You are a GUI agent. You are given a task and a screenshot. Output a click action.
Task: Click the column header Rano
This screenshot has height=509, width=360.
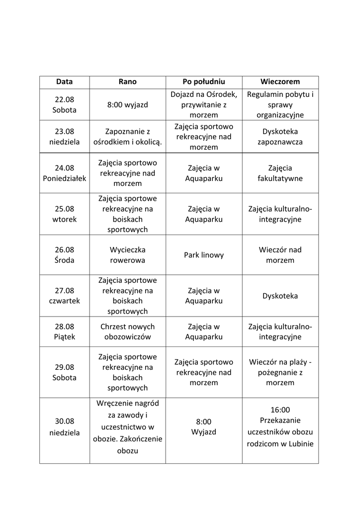(x=127, y=82)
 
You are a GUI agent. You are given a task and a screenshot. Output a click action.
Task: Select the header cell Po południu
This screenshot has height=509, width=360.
(x=204, y=82)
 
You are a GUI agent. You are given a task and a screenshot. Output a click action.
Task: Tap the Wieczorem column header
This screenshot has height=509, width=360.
(x=280, y=82)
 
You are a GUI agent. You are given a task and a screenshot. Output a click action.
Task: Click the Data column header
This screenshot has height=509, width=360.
(x=64, y=82)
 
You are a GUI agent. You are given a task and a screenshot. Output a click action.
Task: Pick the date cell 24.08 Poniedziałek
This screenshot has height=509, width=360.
(x=65, y=173)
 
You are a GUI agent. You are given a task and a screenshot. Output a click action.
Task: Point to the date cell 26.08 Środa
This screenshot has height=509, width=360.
(x=65, y=255)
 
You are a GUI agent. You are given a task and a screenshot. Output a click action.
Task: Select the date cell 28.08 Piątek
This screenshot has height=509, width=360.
(x=65, y=332)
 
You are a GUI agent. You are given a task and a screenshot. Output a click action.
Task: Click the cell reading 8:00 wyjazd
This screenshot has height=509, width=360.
(x=127, y=105)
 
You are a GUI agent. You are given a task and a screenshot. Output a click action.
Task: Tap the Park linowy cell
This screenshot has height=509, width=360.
(x=204, y=255)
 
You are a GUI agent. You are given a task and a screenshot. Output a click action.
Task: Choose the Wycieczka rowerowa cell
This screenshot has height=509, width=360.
(x=127, y=255)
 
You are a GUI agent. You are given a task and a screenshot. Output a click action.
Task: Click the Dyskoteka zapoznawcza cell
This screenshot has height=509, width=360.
(x=280, y=137)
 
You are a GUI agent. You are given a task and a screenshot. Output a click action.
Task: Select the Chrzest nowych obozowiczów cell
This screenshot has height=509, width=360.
(x=127, y=332)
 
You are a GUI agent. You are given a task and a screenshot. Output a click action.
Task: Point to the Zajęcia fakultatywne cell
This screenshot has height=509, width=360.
(x=280, y=173)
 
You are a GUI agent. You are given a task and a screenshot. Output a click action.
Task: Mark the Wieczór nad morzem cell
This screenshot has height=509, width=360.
(x=280, y=255)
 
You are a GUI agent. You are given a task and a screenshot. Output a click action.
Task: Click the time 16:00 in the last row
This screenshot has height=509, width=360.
(x=280, y=410)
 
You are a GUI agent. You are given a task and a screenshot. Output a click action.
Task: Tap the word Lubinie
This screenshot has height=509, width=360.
(x=300, y=444)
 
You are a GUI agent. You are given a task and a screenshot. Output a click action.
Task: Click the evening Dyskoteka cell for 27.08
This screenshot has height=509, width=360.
(x=280, y=296)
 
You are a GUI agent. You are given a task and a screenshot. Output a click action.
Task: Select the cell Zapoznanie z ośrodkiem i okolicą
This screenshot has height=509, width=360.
(x=127, y=137)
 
